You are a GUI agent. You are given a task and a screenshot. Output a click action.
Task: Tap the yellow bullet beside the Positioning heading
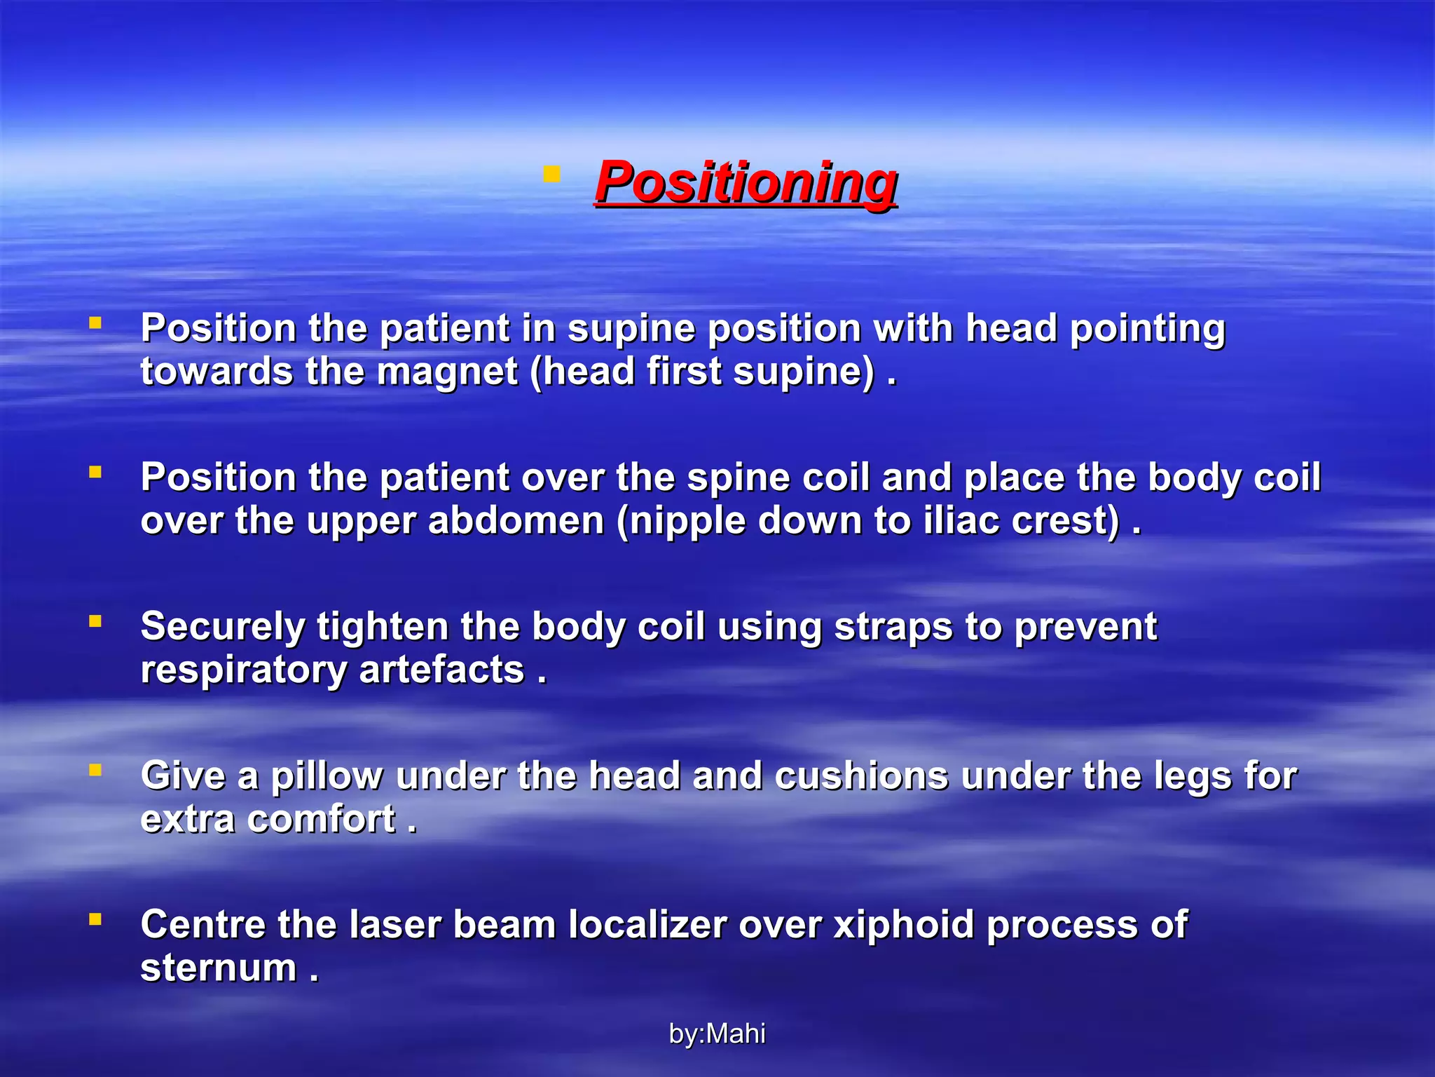click(x=551, y=173)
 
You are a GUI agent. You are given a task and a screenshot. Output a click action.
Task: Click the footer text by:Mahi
click(x=717, y=1034)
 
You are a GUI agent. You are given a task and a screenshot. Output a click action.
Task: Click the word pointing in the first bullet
click(x=1147, y=329)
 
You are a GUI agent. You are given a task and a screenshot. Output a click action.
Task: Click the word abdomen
click(x=516, y=521)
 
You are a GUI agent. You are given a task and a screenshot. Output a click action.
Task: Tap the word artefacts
click(x=441, y=670)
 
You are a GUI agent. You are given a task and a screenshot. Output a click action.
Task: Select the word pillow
click(x=327, y=777)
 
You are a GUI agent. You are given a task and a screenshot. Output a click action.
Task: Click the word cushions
click(x=861, y=775)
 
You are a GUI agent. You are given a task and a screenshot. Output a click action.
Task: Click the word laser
click(x=394, y=925)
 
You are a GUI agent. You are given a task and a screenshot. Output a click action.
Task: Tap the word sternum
click(x=219, y=968)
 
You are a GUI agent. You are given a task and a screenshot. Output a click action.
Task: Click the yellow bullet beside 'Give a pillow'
click(x=95, y=770)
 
